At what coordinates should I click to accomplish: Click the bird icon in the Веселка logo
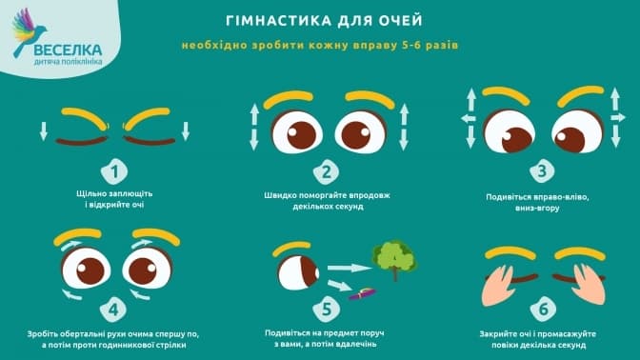click(x=29, y=31)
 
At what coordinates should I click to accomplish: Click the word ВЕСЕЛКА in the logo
click(x=68, y=50)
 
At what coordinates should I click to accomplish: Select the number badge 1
click(x=114, y=171)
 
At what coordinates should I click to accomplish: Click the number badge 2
click(x=326, y=172)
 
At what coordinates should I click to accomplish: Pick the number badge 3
click(x=542, y=171)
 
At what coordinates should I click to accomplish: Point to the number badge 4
click(x=113, y=310)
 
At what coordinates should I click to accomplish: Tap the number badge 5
click(x=326, y=309)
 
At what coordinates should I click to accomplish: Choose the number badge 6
click(x=543, y=309)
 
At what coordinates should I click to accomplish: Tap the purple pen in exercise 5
click(x=362, y=293)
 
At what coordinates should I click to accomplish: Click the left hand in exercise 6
click(x=498, y=285)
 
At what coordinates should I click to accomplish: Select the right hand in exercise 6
click(x=589, y=284)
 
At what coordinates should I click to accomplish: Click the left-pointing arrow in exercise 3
click(x=469, y=119)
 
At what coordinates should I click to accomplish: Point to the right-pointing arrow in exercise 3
click(x=618, y=118)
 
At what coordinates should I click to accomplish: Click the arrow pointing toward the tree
click(x=350, y=268)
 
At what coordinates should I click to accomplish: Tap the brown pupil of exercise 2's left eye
click(x=302, y=135)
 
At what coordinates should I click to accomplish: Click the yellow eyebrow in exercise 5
click(x=291, y=247)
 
